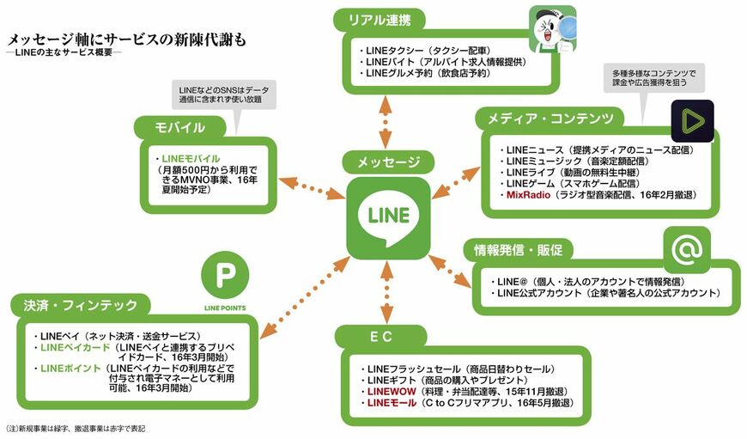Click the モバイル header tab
click(x=179, y=128)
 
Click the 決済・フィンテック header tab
click(x=82, y=305)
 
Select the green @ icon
click(x=687, y=250)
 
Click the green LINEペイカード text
click(x=75, y=347)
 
